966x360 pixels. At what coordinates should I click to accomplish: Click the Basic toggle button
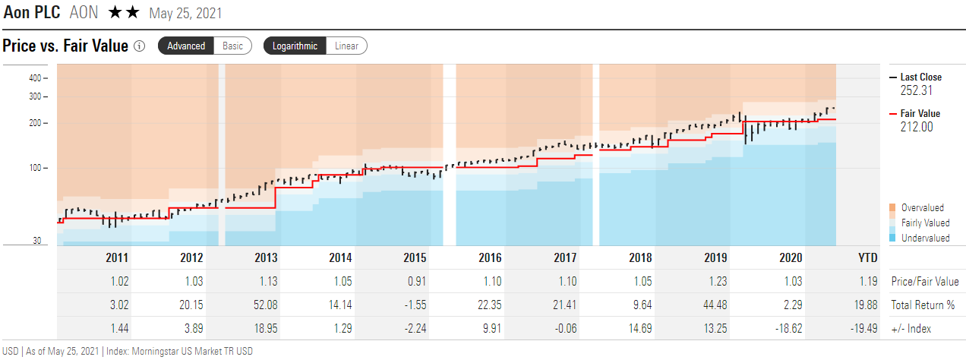click(x=232, y=46)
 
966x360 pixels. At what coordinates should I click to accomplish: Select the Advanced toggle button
click(x=186, y=46)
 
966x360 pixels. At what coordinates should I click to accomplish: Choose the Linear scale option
click(x=346, y=46)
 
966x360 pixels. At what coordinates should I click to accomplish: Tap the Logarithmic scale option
click(x=295, y=46)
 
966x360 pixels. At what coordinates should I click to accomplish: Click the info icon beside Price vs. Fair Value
click(x=139, y=46)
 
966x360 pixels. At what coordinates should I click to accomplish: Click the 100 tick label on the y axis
click(x=35, y=168)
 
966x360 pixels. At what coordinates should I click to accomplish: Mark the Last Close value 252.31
click(x=916, y=90)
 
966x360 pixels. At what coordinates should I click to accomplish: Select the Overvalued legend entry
click(x=922, y=208)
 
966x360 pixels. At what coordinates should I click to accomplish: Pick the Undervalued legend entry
click(x=924, y=238)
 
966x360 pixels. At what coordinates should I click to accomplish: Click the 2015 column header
click(x=415, y=258)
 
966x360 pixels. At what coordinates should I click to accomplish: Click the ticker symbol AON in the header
click(x=84, y=13)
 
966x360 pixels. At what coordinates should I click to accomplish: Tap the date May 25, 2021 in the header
click(x=186, y=14)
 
